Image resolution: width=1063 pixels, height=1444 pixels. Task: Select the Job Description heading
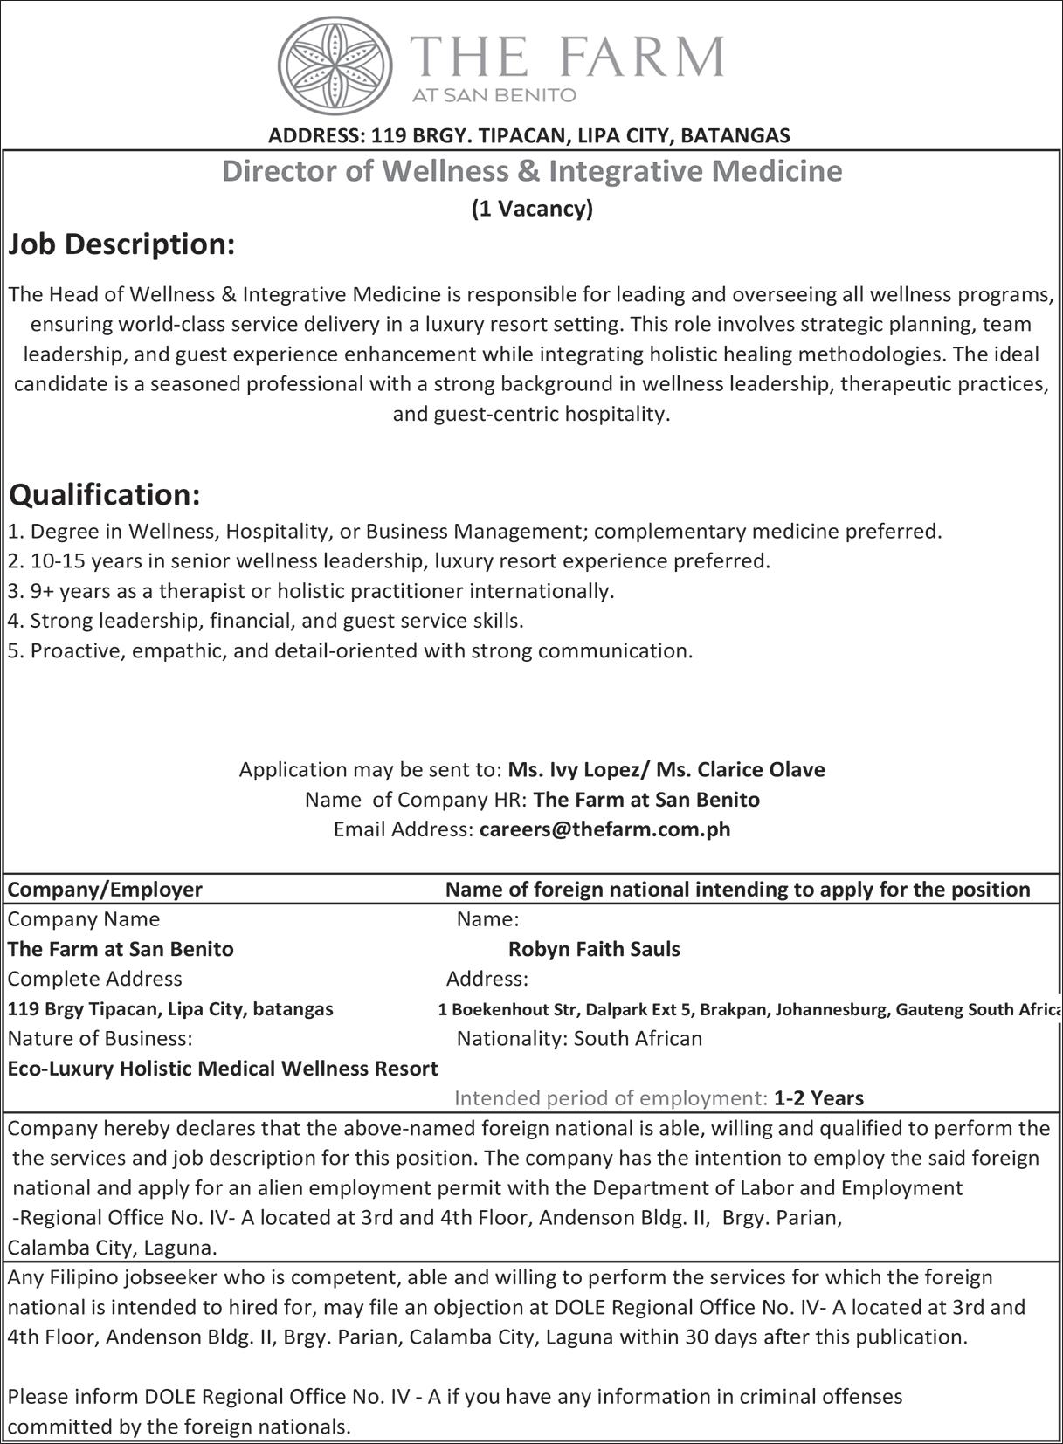[121, 245]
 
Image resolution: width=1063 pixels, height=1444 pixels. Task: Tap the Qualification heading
[105, 495]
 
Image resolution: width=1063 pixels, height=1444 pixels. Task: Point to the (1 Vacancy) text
[532, 209]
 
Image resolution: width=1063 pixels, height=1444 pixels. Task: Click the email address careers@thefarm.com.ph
[604, 829]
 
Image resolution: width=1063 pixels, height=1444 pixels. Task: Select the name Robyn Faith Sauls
[594, 949]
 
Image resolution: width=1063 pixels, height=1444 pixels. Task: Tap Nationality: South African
[579, 1038]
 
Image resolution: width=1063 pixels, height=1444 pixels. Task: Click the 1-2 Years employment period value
[818, 1097]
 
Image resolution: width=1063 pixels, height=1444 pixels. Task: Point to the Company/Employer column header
[105, 889]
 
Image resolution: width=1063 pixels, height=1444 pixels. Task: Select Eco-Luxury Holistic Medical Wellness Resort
[223, 1068]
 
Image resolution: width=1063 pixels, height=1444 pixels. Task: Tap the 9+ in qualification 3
[41, 591]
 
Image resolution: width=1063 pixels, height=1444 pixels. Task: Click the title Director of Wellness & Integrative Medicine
[532, 170]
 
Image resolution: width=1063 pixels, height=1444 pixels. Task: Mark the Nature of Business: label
[100, 1038]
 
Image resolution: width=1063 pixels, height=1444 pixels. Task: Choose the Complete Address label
[94, 979]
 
